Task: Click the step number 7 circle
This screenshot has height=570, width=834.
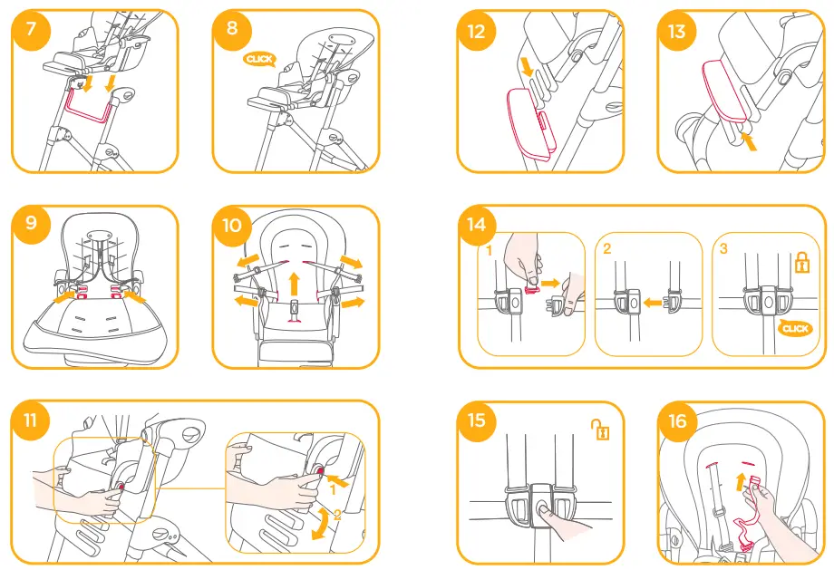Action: click(32, 29)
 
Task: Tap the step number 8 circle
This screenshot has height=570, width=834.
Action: click(232, 29)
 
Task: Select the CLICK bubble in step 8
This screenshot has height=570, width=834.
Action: click(258, 59)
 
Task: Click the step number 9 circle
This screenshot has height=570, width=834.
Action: click(32, 224)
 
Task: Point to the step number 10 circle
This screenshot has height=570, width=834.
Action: click(232, 224)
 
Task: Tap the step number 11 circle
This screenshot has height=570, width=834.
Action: click(32, 420)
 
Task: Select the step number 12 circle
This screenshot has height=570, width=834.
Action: click(477, 32)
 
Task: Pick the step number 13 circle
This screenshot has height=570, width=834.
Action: click(676, 32)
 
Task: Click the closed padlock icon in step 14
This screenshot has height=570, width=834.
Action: click(800, 264)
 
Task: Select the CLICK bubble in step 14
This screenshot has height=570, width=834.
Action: click(794, 328)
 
